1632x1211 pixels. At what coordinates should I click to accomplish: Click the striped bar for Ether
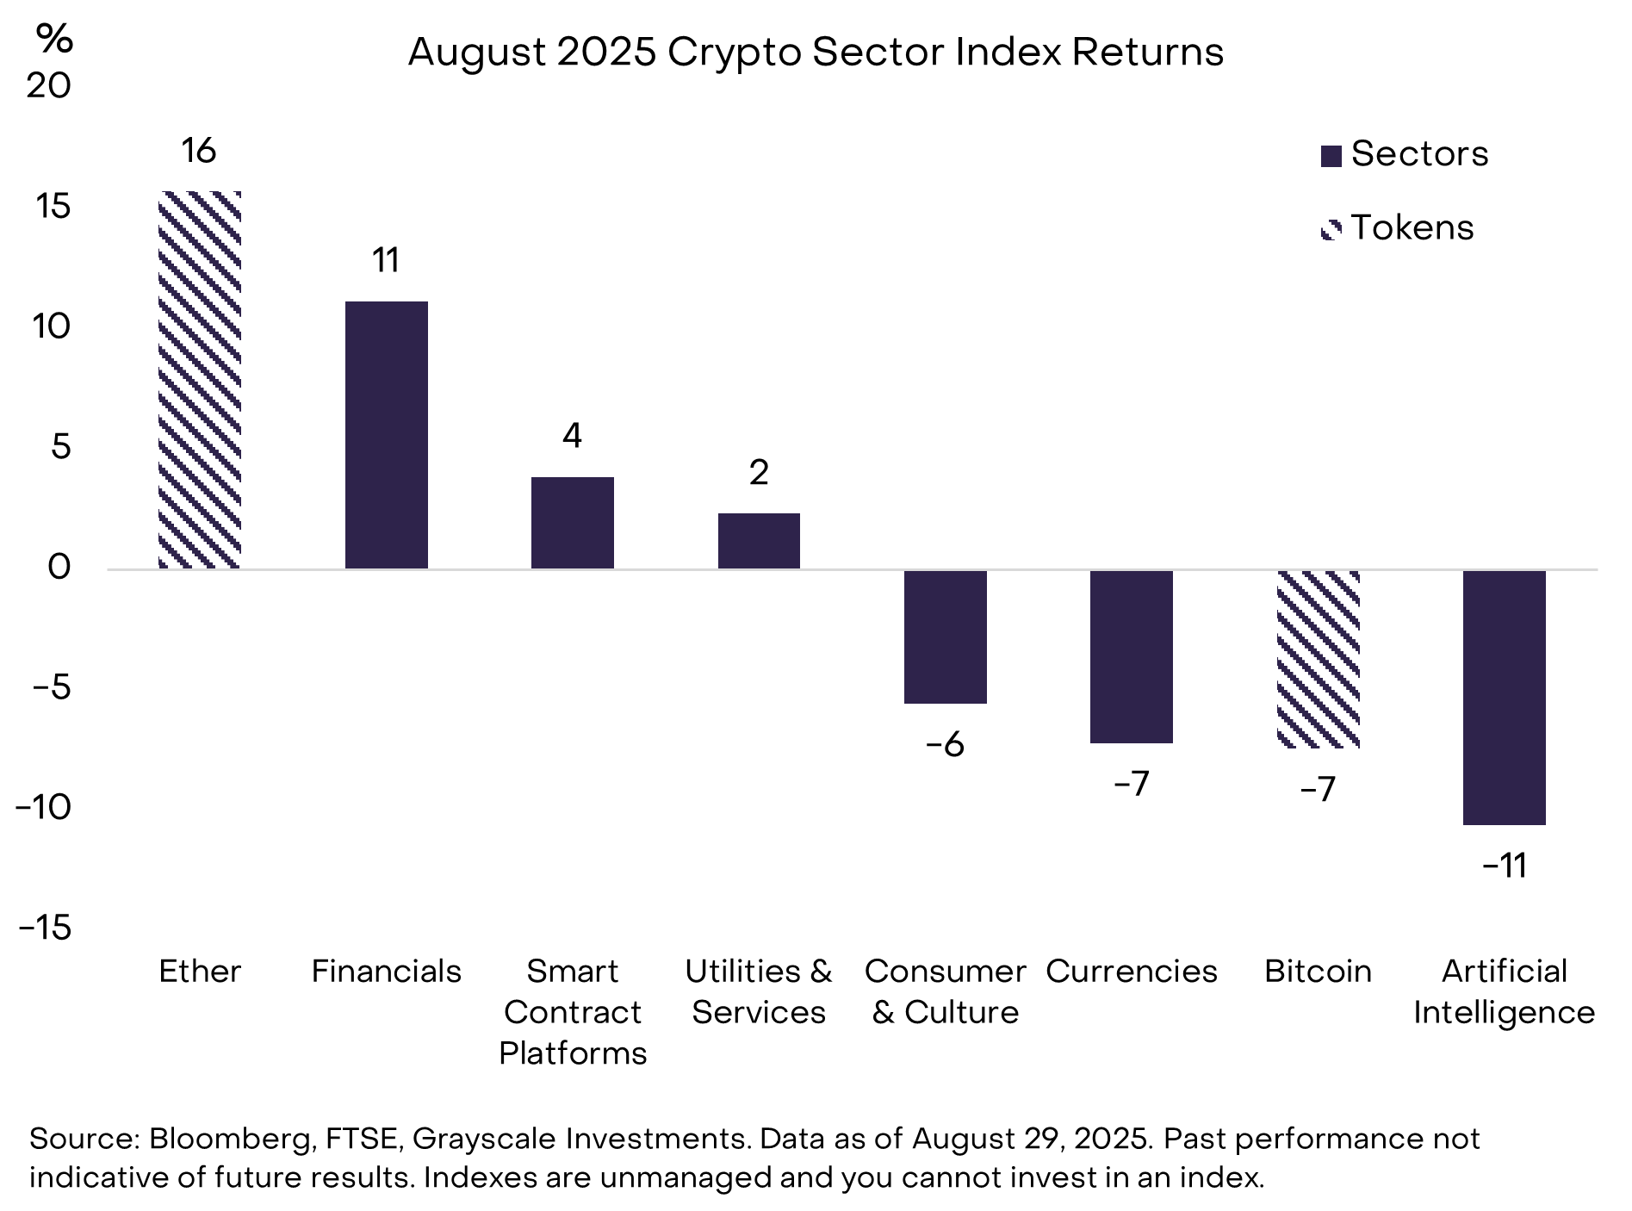click(x=200, y=380)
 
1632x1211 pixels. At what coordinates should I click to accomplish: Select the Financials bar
click(x=386, y=435)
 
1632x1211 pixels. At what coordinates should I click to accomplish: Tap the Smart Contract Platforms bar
click(x=572, y=523)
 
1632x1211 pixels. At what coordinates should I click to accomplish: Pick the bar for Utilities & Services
click(x=759, y=541)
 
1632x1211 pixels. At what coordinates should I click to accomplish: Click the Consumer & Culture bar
click(x=945, y=637)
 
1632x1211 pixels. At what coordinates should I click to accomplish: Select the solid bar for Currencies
click(x=1131, y=656)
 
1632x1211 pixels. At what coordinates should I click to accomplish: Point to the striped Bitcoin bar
click(x=1318, y=659)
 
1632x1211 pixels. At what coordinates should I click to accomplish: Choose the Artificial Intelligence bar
click(x=1504, y=698)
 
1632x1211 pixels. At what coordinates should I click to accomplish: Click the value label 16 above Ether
click(x=198, y=151)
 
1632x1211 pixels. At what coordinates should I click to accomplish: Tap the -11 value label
click(x=1505, y=866)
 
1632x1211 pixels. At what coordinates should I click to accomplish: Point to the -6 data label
click(x=945, y=745)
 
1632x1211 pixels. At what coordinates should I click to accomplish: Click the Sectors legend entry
click(x=1404, y=154)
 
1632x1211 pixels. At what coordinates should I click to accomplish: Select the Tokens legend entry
click(x=1397, y=228)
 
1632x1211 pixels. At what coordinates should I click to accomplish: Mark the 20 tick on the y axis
click(x=48, y=85)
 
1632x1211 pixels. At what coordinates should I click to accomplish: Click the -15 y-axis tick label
click(x=45, y=928)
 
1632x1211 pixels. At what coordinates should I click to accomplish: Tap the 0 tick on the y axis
click(x=59, y=568)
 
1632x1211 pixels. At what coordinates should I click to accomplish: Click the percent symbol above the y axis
click(x=54, y=39)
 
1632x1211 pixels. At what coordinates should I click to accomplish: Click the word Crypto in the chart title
click(x=734, y=53)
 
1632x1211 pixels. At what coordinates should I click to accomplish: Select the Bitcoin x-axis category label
click(x=1318, y=972)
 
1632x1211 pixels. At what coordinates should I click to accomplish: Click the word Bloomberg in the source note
click(x=230, y=1139)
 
